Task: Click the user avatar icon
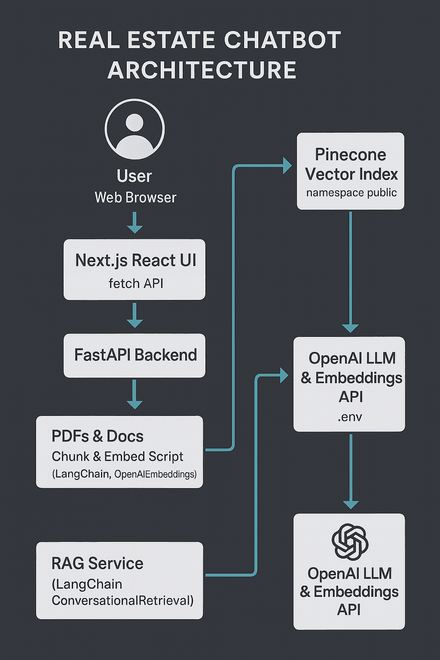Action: click(x=134, y=129)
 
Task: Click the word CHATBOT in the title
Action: click(x=282, y=40)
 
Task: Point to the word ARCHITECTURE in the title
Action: click(x=202, y=70)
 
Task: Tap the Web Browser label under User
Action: click(x=135, y=198)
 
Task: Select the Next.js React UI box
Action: click(x=134, y=269)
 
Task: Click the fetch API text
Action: click(x=136, y=284)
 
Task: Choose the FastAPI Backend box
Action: click(x=134, y=355)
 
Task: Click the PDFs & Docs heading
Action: click(x=98, y=436)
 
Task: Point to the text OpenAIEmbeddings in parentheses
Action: click(x=155, y=474)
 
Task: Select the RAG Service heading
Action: click(x=98, y=563)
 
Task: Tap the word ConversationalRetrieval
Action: click(x=122, y=601)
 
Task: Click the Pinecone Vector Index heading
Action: click(x=351, y=165)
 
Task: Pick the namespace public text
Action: click(x=351, y=192)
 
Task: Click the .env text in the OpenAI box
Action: click(x=350, y=417)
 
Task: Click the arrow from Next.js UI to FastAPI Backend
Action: click(x=134, y=316)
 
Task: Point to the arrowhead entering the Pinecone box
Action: click(x=287, y=165)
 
